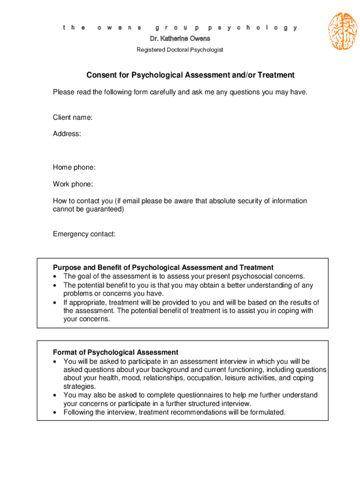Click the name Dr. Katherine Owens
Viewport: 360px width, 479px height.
(180, 38)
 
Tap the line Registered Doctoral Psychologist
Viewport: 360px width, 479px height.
(180, 50)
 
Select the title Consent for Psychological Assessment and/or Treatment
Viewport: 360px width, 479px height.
(190, 75)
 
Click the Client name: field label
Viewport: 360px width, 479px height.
(72, 117)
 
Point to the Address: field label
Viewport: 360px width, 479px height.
(67, 134)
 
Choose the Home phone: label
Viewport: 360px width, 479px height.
(74, 167)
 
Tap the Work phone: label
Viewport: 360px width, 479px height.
(73, 184)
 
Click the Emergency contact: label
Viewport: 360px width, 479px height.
(84, 234)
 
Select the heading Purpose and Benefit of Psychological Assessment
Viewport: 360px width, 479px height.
(163, 268)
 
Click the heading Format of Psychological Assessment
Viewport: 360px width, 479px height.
(115, 352)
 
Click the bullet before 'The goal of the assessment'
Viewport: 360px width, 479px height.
(56, 276)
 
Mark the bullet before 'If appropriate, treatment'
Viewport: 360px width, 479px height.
(56, 302)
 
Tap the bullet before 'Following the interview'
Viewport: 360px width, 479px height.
(56, 412)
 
